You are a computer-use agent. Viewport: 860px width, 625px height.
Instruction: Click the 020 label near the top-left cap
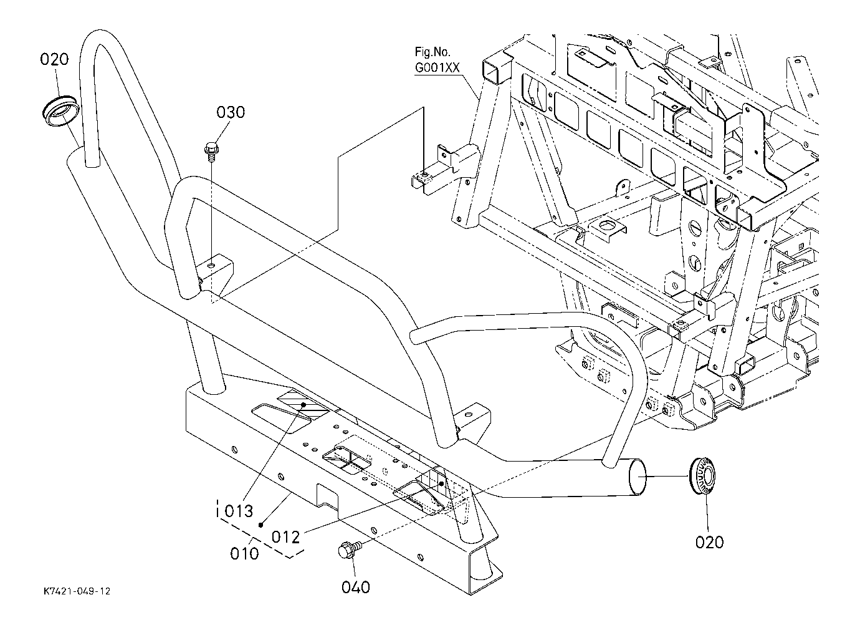[54, 60]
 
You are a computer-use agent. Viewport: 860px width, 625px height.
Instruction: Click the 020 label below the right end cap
[709, 543]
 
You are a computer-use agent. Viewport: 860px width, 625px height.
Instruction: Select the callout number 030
[231, 112]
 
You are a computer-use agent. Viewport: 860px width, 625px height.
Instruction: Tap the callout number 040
[355, 588]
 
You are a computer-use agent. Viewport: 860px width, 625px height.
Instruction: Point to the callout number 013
[239, 511]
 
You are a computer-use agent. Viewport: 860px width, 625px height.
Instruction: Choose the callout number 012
[285, 537]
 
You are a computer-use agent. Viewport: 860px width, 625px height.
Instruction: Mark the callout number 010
[244, 553]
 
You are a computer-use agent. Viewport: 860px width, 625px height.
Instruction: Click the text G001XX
[437, 68]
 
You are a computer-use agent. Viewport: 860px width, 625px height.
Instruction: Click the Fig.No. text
[432, 52]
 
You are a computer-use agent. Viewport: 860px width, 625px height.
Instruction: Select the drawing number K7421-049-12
[77, 591]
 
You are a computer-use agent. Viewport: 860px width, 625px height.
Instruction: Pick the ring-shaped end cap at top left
[60, 110]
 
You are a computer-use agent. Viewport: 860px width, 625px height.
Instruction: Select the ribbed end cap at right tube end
[702, 476]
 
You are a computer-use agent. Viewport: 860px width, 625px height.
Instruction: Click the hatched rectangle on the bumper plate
[303, 405]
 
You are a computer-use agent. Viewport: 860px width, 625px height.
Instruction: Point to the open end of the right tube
[638, 478]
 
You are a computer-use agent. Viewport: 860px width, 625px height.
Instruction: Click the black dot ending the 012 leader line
[441, 483]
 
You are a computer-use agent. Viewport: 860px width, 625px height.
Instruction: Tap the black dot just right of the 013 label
[261, 525]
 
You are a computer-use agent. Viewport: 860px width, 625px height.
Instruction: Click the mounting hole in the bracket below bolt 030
[211, 265]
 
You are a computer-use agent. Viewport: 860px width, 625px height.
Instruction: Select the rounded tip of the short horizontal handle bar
[414, 337]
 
